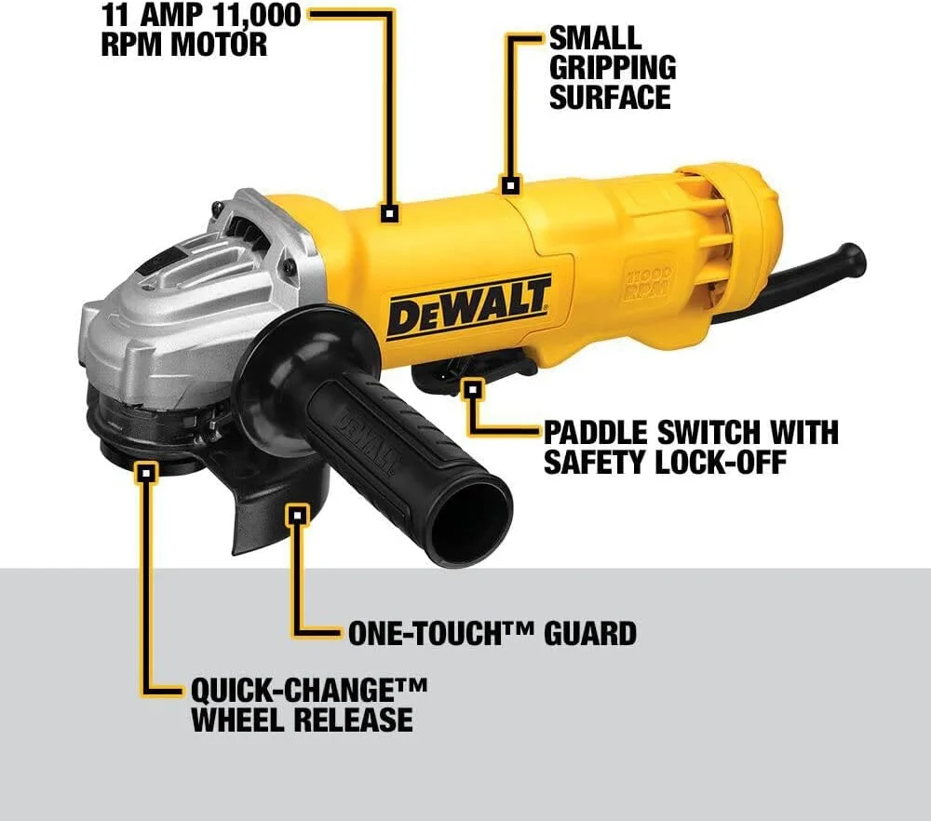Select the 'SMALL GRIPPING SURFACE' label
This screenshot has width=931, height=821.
(x=610, y=67)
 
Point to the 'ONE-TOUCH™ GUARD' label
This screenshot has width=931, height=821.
(x=492, y=634)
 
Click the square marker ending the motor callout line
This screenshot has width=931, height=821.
(x=389, y=214)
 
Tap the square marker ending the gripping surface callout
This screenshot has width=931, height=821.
(x=509, y=184)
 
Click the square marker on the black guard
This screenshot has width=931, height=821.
(x=297, y=514)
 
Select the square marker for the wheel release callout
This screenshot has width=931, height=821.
(x=144, y=473)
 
